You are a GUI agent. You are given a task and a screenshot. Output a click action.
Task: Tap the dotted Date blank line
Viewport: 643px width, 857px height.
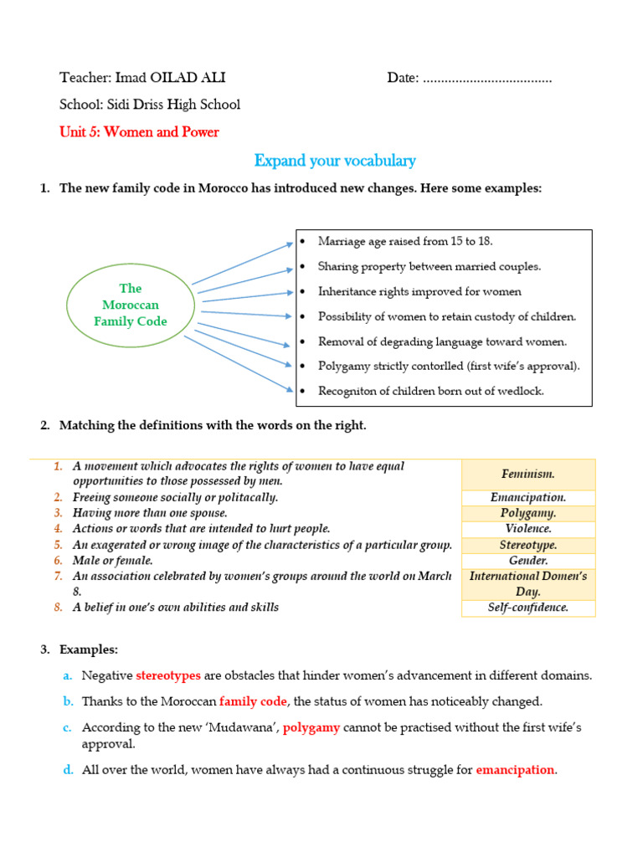[487, 79]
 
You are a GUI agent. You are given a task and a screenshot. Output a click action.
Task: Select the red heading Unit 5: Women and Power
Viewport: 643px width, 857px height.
[139, 131]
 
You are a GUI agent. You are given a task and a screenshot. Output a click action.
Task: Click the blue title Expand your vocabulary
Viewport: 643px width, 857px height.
[335, 161]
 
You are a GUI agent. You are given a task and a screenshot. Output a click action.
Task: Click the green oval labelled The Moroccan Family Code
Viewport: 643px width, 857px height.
[131, 305]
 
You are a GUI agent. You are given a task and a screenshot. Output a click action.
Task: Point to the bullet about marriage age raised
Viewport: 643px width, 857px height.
[405, 241]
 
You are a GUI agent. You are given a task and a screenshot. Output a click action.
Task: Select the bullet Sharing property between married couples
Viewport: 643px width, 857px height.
[430, 266]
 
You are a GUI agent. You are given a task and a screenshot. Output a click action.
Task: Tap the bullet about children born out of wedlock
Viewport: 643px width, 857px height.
[430, 391]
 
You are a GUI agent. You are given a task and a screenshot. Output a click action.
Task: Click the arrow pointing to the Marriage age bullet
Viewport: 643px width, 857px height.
[243, 263]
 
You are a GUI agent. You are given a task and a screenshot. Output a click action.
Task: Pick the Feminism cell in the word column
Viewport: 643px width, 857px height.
[528, 474]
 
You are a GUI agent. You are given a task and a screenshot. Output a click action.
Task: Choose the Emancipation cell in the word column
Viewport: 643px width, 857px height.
[528, 497]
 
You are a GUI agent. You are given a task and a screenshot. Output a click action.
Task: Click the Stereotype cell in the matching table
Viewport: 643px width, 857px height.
[528, 545]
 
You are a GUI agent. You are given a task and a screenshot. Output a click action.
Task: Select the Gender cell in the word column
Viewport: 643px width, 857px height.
[528, 561]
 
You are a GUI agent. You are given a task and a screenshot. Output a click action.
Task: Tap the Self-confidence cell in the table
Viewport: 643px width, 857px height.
[528, 608]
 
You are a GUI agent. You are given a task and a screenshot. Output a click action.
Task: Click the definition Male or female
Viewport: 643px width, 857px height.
[112, 561]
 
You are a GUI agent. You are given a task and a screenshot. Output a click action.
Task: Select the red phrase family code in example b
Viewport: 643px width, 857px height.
[253, 701]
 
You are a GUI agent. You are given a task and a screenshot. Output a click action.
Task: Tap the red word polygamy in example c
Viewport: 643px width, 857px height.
[311, 727]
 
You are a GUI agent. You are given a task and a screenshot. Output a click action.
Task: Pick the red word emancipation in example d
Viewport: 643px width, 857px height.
[515, 770]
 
